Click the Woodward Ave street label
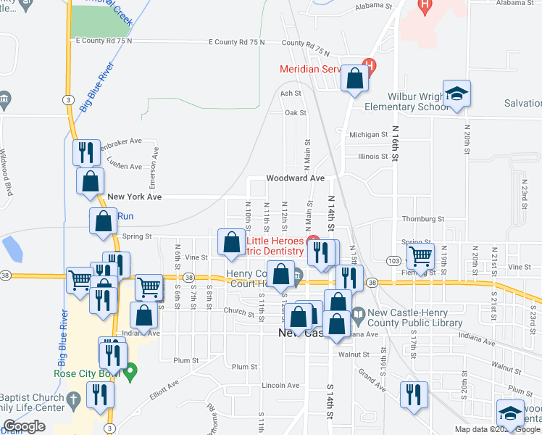point(294,178)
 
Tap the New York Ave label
point(134,196)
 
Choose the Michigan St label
point(368,135)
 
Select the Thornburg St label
point(423,218)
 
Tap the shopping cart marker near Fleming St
point(420,255)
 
